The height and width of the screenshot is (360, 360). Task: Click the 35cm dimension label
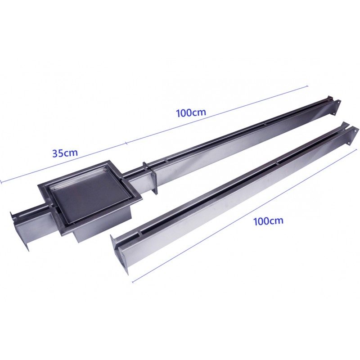(x=65, y=153)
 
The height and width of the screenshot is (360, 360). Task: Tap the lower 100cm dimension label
(x=268, y=221)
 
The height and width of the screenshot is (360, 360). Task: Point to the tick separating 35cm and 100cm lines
(x=126, y=144)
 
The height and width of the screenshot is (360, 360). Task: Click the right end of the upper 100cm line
(x=307, y=86)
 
